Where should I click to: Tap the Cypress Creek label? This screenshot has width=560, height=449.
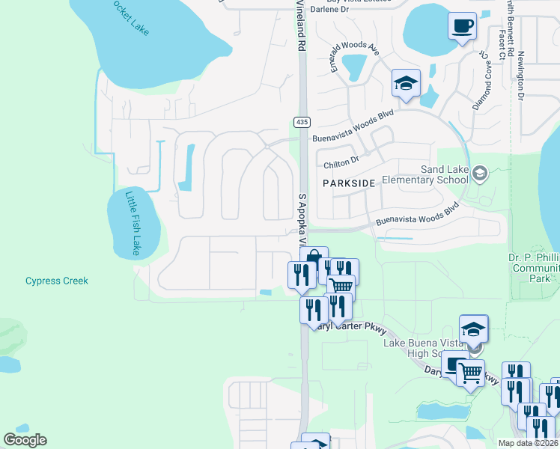57,281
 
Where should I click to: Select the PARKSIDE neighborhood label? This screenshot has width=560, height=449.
348,183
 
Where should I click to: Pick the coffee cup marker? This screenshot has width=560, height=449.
462,27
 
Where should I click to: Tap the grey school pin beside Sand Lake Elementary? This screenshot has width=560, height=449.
480,174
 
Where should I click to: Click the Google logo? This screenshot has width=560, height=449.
25,440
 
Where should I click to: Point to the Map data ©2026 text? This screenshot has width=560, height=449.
529,443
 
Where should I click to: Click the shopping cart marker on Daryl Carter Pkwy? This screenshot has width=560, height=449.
470,371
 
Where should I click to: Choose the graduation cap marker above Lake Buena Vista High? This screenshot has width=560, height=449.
474,329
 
